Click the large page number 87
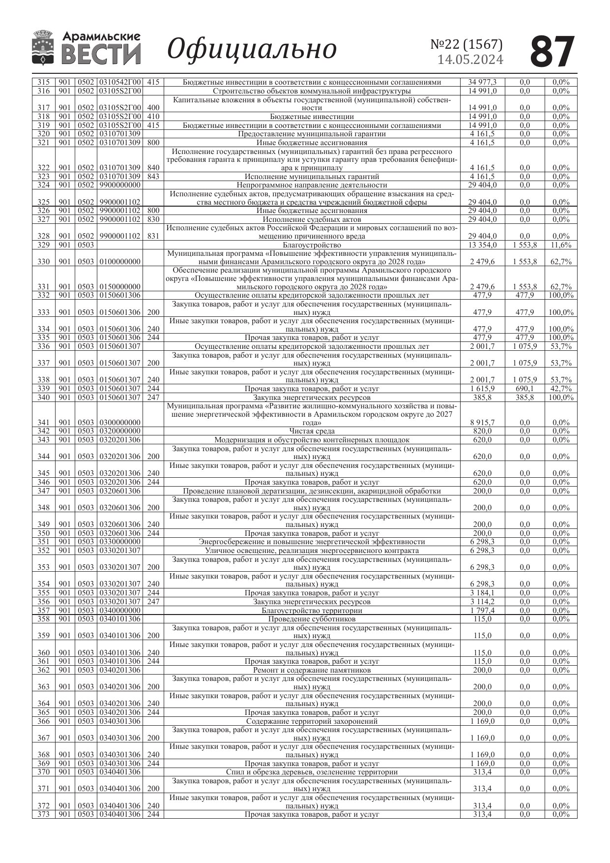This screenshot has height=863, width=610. (552, 52)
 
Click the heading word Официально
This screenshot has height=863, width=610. (252, 49)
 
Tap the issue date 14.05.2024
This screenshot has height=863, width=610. (470, 60)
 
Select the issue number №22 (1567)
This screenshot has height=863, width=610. (466, 44)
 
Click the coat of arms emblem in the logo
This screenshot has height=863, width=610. (43, 48)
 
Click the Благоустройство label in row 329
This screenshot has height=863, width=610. (312, 245)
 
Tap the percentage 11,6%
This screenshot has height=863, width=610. (561, 245)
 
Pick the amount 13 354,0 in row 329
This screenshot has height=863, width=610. (482, 245)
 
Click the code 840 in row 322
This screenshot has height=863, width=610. (153, 168)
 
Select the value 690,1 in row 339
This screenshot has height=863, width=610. (524, 389)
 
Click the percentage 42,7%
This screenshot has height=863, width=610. (561, 389)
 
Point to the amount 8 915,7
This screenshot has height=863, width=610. (482, 423)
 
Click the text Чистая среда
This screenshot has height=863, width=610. (312, 431)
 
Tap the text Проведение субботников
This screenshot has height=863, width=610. (312, 619)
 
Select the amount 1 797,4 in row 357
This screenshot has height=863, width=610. (482, 611)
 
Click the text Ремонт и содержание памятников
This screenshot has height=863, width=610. (312, 670)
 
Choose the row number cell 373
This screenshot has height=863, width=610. (44, 815)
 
